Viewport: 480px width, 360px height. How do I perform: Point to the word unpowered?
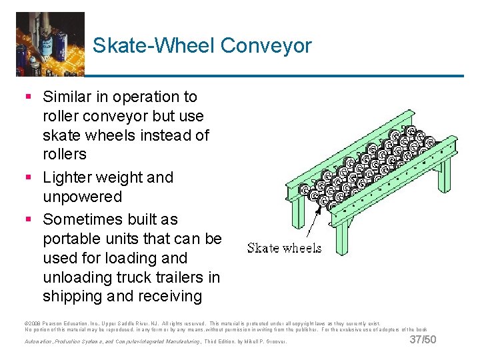pyautogui.click(x=82, y=197)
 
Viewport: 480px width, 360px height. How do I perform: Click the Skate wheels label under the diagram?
pyautogui.click(x=284, y=248)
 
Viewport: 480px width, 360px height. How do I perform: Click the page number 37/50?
pyautogui.click(x=423, y=340)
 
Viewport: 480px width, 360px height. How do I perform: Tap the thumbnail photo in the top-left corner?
pyautogui.click(x=50, y=43)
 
